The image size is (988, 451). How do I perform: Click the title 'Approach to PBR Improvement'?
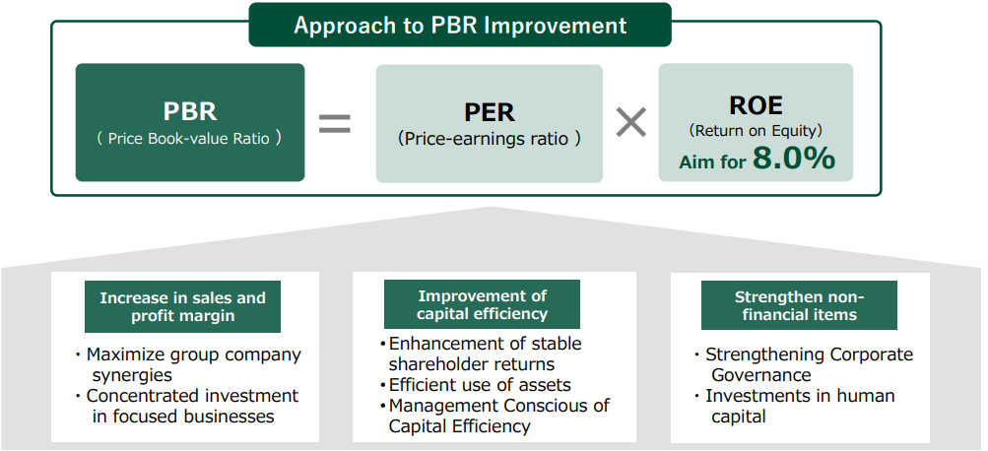[x=460, y=26]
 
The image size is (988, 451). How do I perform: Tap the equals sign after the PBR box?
[x=335, y=123]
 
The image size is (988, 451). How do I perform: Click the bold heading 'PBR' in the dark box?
[x=190, y=111]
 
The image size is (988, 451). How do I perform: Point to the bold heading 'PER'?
[x=490, y=112]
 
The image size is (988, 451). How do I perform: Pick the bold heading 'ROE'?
[x=756, y=105]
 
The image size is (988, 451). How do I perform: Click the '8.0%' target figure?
[x=794, y=159]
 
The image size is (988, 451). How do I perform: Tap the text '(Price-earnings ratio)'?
[x=490, y=139]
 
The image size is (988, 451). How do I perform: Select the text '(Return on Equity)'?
[x=756, y=130]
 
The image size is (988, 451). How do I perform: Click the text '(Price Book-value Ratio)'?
[x=189, y=139]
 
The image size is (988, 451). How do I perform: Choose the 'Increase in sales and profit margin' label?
[x=183, y=307]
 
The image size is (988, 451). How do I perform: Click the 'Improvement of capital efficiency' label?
[x=482, y=305]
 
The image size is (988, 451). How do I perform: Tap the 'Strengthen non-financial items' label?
[x=799, y=305]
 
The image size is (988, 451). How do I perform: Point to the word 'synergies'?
[x=132, y=375]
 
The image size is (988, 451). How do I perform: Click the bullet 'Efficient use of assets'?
[x=480, y=385]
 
